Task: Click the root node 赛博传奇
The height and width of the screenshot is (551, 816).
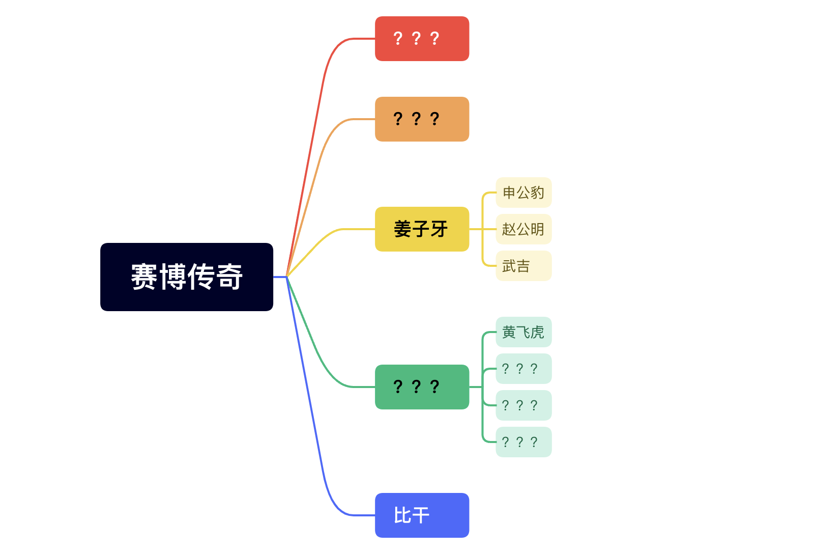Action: [186, 277]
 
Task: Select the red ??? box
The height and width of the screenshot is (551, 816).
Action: [422, 39]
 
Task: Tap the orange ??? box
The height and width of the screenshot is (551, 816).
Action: [422, 119]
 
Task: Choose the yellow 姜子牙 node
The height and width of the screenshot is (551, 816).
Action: [422, 229]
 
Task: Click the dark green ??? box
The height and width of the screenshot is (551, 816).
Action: [422, 387]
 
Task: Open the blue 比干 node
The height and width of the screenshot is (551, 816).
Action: [422, 515]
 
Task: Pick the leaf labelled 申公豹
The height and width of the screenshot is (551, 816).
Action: [523, 192]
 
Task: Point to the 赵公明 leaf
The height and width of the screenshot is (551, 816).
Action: [523, 229]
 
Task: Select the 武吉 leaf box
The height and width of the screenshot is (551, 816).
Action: [523, 266]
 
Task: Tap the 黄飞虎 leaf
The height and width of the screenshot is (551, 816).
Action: [523, 332]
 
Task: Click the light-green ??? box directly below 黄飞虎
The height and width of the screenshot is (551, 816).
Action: [523, 369]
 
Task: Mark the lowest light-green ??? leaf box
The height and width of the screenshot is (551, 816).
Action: [523, 442]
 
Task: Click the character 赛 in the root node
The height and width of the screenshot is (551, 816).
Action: [144, 277]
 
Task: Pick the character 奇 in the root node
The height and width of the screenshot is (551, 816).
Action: [229, 277]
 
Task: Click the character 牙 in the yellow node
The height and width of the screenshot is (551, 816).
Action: [439, 229]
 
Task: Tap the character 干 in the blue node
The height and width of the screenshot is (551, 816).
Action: [421, 515]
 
